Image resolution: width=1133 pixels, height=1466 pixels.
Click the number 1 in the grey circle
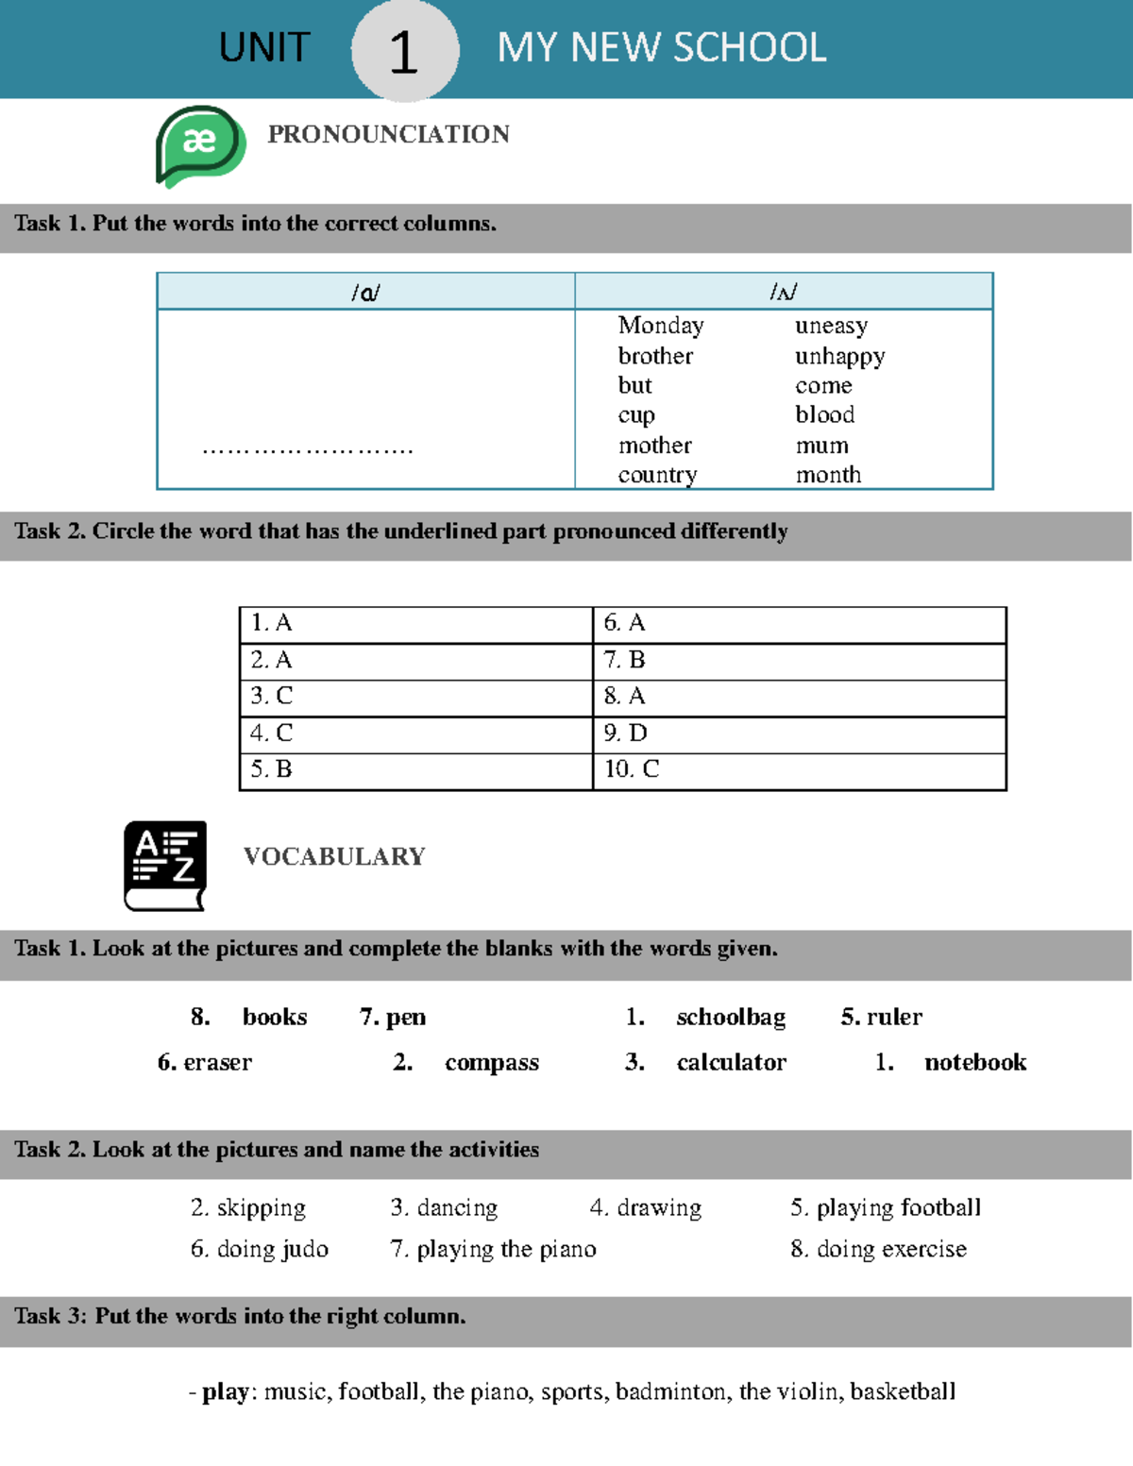click(404, 51)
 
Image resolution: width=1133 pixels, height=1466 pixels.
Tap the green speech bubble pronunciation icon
click(200, 144)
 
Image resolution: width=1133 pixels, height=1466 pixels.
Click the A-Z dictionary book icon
click(165, 865)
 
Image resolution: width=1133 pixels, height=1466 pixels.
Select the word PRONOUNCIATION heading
click(388, 134)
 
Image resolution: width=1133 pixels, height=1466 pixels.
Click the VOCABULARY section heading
click(334, 856)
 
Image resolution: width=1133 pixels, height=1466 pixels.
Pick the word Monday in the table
click(661, 326)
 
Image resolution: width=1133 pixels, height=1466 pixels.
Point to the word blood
click(824, 414)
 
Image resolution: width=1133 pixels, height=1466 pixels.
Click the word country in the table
click(657, 475)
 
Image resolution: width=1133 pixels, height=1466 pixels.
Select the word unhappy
click(839, 356)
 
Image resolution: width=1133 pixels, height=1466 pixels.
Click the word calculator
click(731, 1062)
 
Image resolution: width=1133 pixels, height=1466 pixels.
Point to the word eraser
click(217, 1062)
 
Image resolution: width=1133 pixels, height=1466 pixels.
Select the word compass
click(491, 1062)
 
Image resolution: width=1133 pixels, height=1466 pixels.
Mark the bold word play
click(225, 1391)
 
